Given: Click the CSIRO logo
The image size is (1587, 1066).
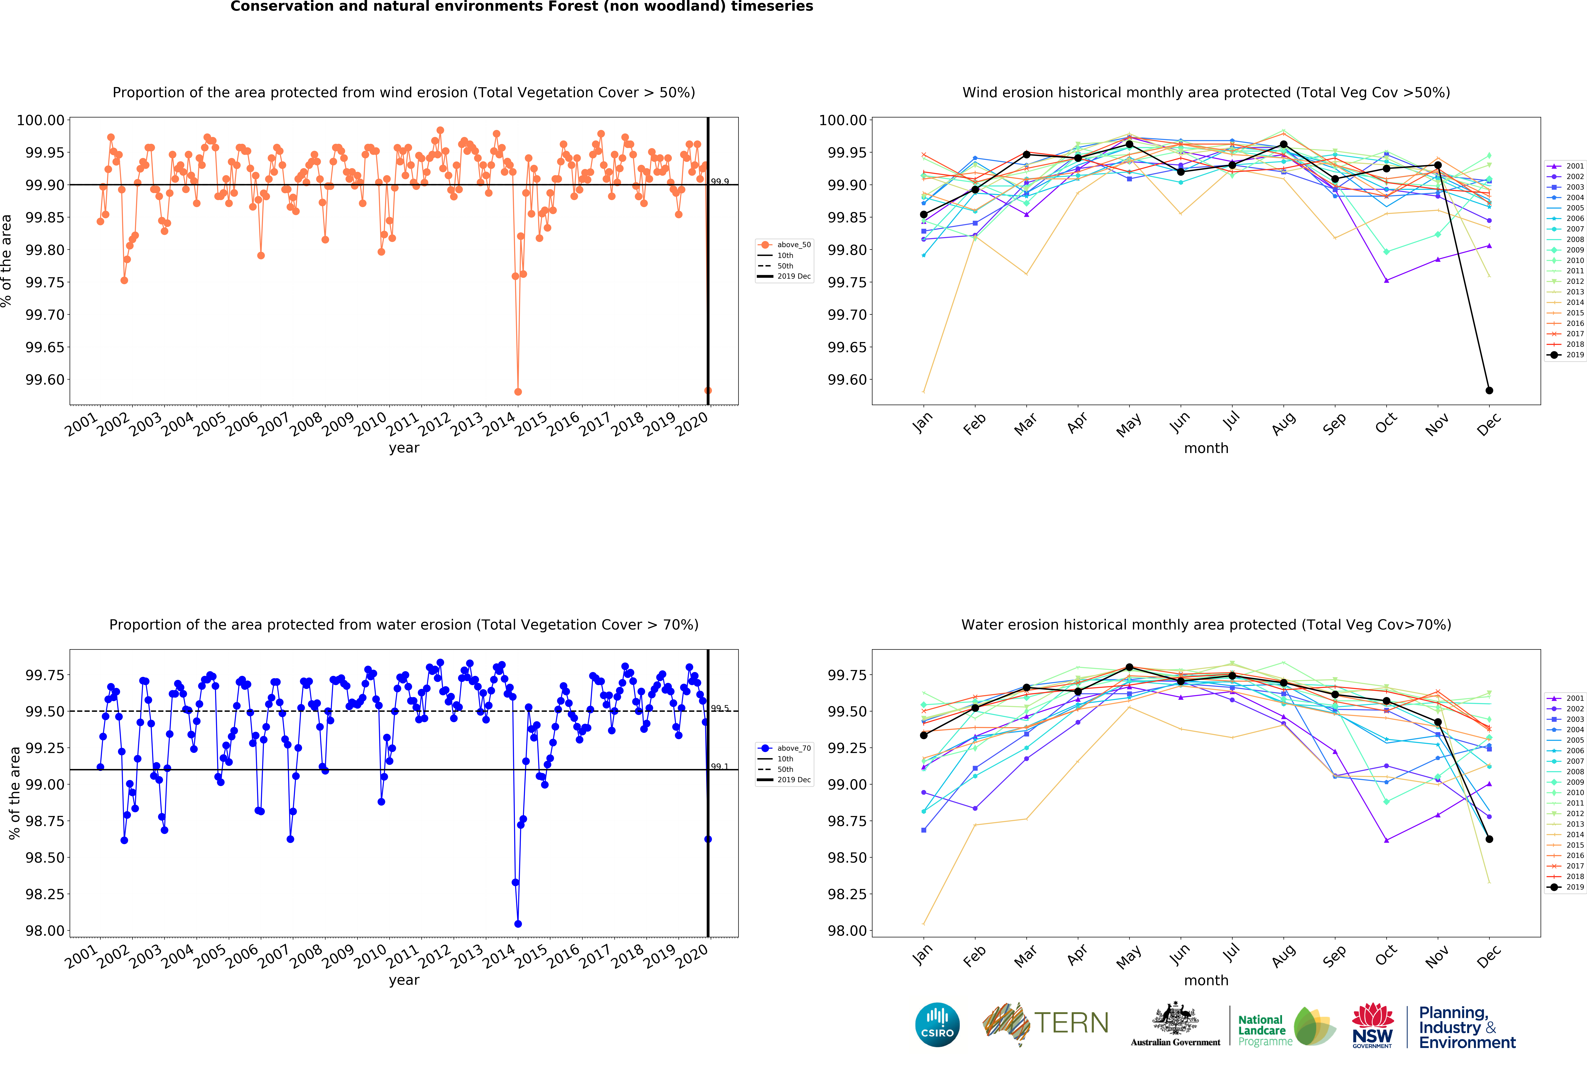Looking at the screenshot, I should pyautogui.click(x=937, y=1024).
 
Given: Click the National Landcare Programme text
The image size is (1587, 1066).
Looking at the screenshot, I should pyautogui.click(x=1264, y=1030).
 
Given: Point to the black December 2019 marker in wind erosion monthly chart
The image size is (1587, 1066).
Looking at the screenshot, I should pyautogui.click(x=1489, y=390).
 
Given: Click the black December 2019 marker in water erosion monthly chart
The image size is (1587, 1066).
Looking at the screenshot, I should pyautogui.click(x=1489, y=839).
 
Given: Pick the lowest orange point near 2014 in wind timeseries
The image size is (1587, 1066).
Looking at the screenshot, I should pyautogui.click(x=518, y=392).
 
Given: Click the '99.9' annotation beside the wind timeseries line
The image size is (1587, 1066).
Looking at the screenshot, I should pyautogui.click(x=720, y=182).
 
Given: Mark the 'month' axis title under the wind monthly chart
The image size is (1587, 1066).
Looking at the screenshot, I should pyautogui.click(x=1206, y=448).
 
